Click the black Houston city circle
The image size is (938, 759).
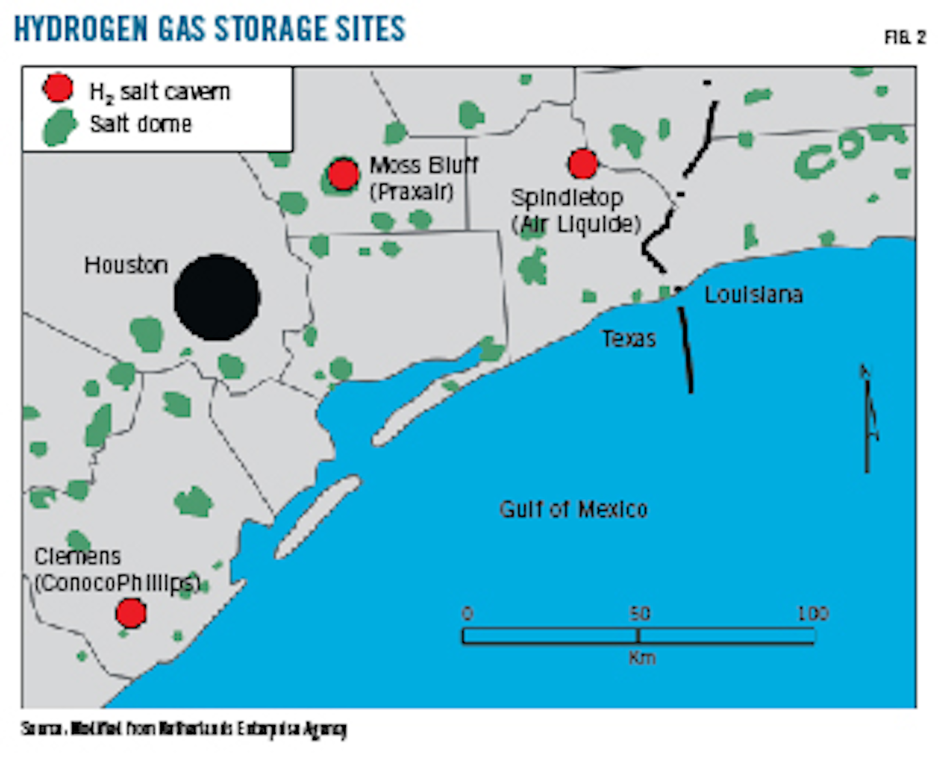pos(217,298)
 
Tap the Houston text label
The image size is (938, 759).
pos(126,265)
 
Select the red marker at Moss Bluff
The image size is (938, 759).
pos(343,174)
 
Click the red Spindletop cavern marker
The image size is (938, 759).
pos(582,164)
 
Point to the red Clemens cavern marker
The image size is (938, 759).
pos(130,613)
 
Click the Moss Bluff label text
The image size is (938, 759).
pos(423,165)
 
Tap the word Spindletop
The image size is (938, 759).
pos(567,197)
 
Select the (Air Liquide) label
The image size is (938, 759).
pos(576,224)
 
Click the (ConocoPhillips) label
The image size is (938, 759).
pos(117,583)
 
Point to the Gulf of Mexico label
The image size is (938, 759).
pos(573,509)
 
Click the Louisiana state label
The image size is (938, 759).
pos(753,295)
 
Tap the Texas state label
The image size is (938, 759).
pos(628,339)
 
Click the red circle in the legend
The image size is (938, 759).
pos(58,88)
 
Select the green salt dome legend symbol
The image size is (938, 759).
pos(59,126)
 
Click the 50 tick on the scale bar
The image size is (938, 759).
pos(638,635)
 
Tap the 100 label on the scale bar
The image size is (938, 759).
pos(812,614)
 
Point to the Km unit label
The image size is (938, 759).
pos(642,658)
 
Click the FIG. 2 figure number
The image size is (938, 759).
pos(905,38)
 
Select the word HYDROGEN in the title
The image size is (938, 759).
pos(72,29)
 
